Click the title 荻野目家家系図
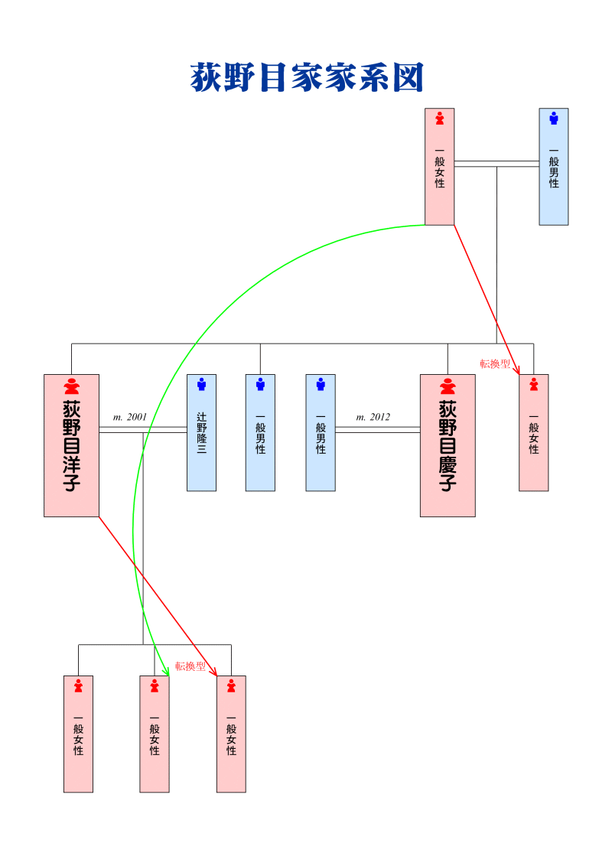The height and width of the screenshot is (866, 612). point(306,78)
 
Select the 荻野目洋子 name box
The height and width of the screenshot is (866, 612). point(71,445)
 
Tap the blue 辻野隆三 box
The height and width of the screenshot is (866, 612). point(201,432)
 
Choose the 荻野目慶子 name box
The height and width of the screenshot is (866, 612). point(448,445)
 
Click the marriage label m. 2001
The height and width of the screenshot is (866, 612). point(129,417)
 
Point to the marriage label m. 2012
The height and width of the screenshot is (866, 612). point(373,417)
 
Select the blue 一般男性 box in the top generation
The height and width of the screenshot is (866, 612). point(553,167)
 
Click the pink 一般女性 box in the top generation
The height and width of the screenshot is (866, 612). point(439,167)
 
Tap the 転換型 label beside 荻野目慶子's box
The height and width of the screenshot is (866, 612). point(494,364)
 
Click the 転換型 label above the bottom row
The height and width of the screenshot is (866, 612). point(190,666)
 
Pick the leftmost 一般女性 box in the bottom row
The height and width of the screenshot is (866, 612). point(78,734)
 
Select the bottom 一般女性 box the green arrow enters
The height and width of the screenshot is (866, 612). point(154,734)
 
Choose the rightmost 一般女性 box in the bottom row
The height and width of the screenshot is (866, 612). point(231,734)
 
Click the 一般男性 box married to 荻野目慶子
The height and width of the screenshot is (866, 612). point(321,432)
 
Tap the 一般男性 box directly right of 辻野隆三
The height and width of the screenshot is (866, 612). point(260,432)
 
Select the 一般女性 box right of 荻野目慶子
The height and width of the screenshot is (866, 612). point(533,432)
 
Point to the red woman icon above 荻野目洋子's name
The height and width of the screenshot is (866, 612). point(71,386)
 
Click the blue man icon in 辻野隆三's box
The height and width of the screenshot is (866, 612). point(201,384)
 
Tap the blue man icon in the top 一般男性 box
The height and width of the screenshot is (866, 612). point(553,118)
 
